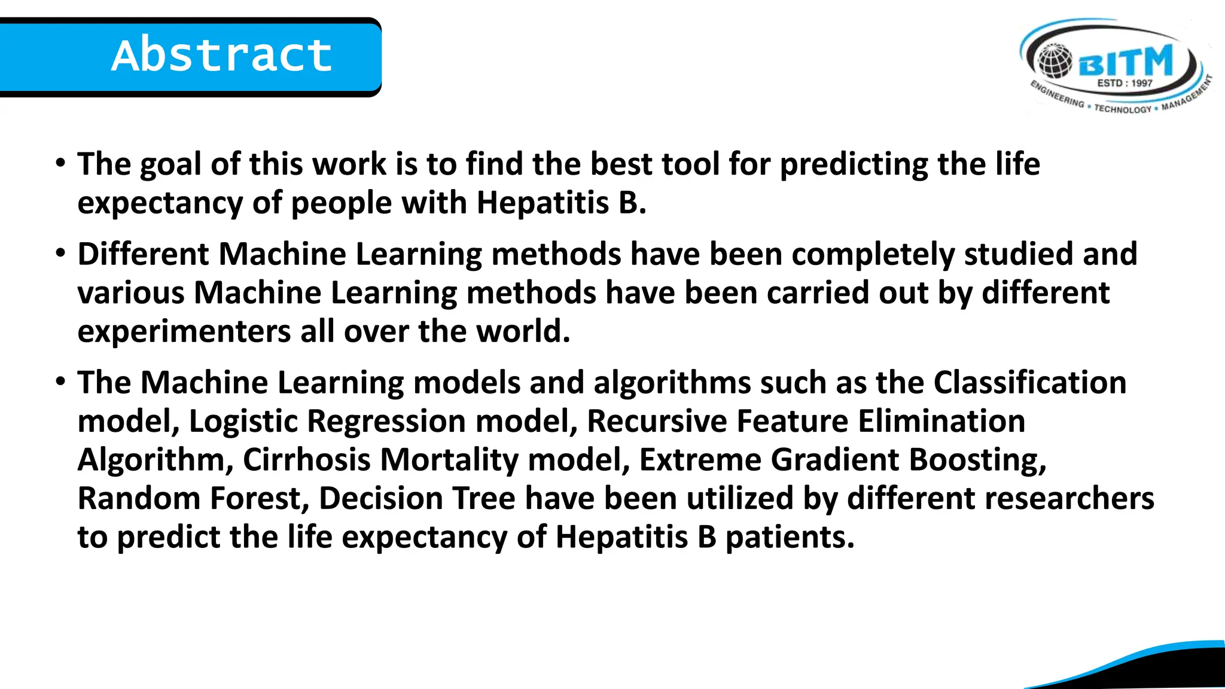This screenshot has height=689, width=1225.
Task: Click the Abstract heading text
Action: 221,55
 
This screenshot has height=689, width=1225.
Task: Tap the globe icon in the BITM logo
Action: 1055,61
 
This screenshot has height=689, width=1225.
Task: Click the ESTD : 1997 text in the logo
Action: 1125,83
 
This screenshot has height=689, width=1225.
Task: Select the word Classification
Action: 1029,383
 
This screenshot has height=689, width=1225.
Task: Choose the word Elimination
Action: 941,421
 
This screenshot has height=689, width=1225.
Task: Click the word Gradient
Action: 835,460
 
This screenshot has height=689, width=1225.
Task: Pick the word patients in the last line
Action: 790,537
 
